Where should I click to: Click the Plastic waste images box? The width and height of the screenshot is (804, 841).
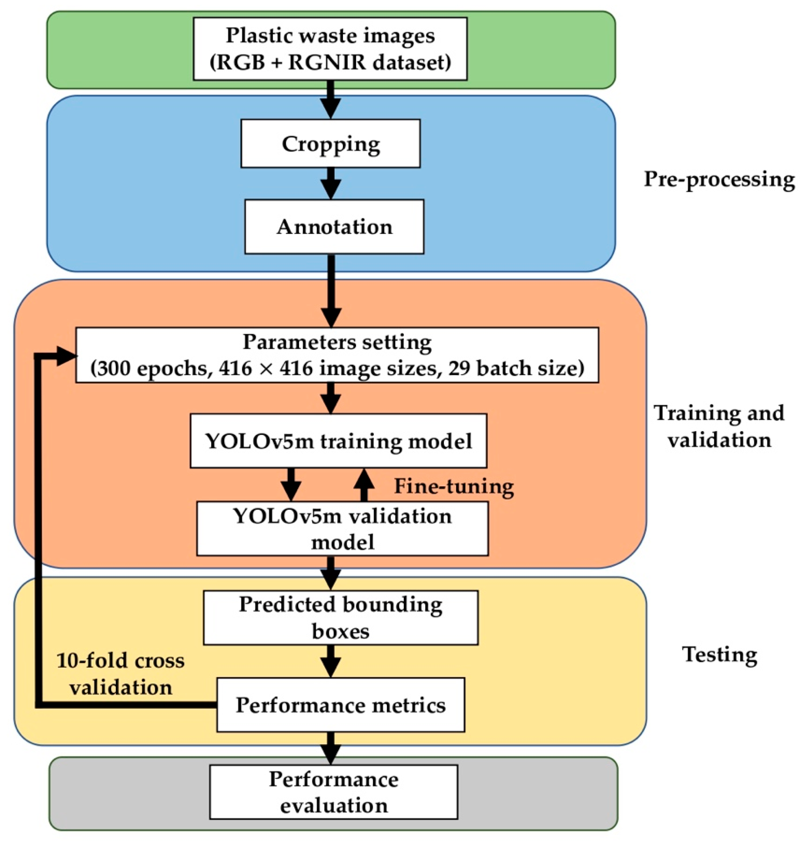pos(330,48)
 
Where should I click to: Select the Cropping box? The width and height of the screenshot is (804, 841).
pos(330,144)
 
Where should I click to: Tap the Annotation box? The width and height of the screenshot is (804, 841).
pos(334,227)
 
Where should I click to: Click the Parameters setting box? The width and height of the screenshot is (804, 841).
pos(337,355)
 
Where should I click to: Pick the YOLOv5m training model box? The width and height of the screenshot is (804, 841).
pos(339,441)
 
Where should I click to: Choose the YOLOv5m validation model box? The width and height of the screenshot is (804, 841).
pos(342,529)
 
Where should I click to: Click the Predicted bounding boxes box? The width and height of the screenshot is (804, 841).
pos(341,618)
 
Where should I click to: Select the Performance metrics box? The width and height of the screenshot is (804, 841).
pos(341,705)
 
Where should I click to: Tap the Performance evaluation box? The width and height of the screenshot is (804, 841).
pos(333,792)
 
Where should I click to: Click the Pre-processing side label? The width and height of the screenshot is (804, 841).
pos(719,179)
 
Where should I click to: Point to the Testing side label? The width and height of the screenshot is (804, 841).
pos(720,654)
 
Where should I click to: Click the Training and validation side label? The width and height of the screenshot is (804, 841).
pos(719,426)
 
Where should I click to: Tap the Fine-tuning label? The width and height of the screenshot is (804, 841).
pos(454,486)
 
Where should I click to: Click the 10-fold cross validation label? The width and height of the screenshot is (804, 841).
pos(120,674)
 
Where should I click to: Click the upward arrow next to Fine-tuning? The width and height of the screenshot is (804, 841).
pos(364,484)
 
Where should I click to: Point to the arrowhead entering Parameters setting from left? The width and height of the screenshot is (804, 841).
pos(66,356)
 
